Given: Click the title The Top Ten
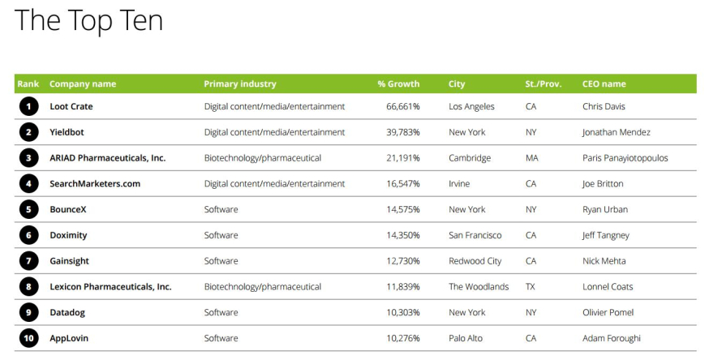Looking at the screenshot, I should (x=89, y=20).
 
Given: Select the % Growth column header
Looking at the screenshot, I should (x=398, y=84).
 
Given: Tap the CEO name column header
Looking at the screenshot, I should (x=604, y=84).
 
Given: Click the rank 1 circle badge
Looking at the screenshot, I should (x=28, y=106).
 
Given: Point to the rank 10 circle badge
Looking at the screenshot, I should (x=28, y=338).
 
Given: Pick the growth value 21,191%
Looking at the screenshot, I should (x=402, y=158).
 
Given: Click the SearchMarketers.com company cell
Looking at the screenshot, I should (x=94, y=184).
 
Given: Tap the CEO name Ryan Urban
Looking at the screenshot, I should (x=604, y=209).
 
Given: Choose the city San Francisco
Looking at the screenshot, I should (x=475, y=235).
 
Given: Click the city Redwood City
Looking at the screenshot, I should (x=475, y=261).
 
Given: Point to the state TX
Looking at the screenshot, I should (x=531, y=287).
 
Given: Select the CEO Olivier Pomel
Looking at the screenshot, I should (x=608, y=312).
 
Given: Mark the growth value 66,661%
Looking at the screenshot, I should (x=402, y=106).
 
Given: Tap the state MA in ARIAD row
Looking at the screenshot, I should (x=531, y=158).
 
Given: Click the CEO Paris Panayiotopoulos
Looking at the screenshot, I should (x=625, y=158).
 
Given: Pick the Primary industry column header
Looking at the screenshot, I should (x=239, y=84).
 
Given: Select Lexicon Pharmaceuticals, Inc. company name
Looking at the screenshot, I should (x=110, y=287).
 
